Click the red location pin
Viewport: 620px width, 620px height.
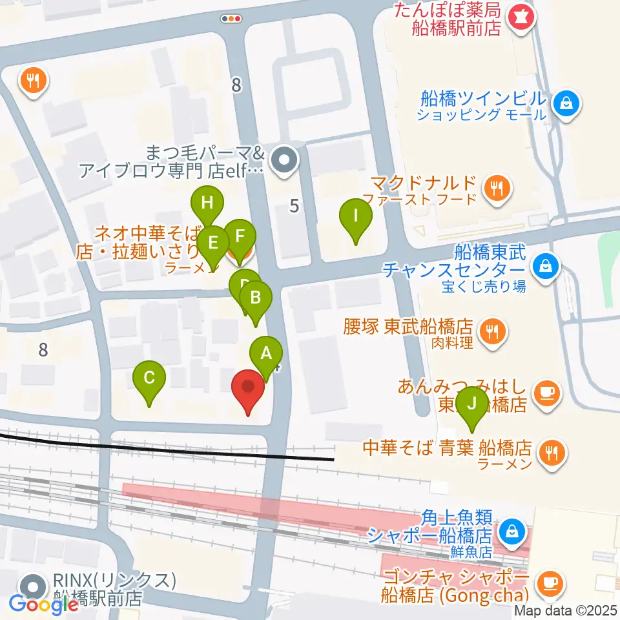pyautogui.click(x=248, y=387)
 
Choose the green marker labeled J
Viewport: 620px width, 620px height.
pyautogui.click(x=471, y=405)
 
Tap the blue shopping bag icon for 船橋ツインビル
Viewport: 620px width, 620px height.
pyautogui.click(x=566, y=103)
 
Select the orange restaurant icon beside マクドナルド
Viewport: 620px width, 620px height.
pyautogui.click(x=496, y=189)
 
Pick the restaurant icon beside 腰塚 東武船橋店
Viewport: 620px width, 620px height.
pyautogui.click(x=493, y=333)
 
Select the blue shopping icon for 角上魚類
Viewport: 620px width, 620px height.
pyautogui.click(x=512, y=531)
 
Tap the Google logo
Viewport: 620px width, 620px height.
pyautogui.click(x=43, y=603)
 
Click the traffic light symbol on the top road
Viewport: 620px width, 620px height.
pyautogui.click(x=231, y=19)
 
